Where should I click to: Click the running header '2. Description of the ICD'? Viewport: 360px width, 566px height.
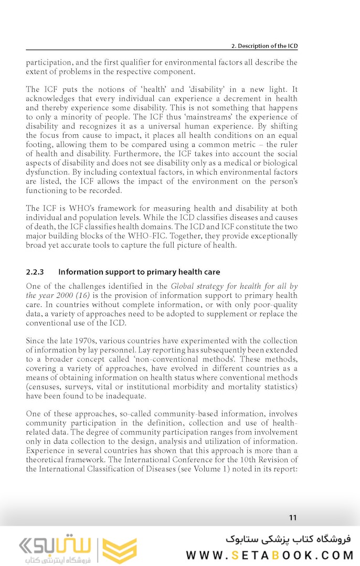pos(264,46)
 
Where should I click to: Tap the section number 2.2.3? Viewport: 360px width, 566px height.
pos(35,272)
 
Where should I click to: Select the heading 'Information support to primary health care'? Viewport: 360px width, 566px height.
pos(139,272)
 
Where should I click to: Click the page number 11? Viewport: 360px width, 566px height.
pos(293,518)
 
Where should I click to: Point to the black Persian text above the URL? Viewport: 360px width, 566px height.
pos(288,539)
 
